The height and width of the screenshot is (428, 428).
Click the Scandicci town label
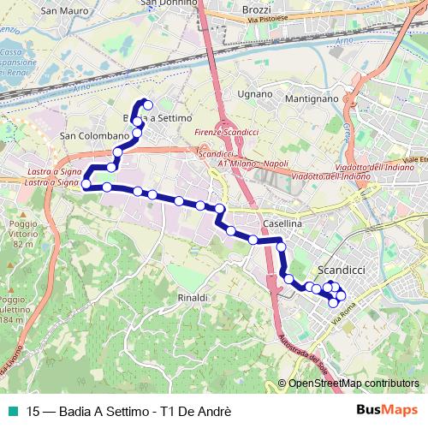point(341,269)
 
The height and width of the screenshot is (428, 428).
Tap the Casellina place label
point(281,223)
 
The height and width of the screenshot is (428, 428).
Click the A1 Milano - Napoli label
point(255,163)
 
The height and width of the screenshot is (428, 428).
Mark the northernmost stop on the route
point(148,105)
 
